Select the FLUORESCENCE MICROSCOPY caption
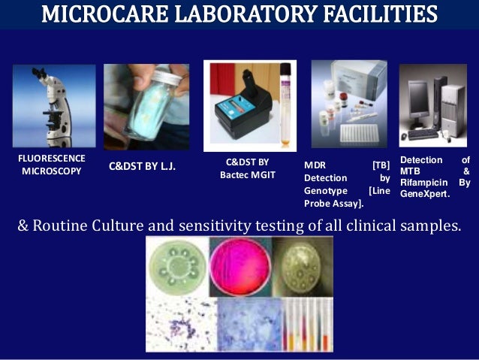(52, 164)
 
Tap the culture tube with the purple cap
(285, 105)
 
